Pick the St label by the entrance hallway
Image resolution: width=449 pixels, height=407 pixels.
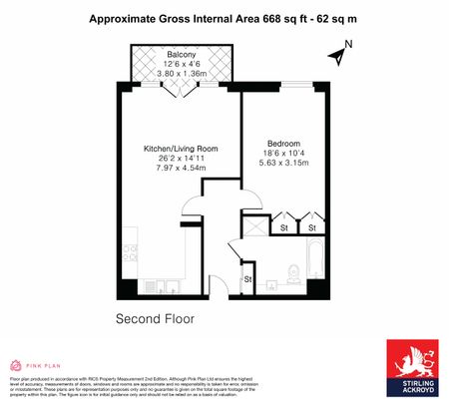pyautogui.click(x=247, y=280)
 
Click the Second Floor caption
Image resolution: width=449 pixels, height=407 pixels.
pyautogui.click(x=155, y=320)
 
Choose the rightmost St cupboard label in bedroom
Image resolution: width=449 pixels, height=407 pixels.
pyautogui.click(x=311, y=228)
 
